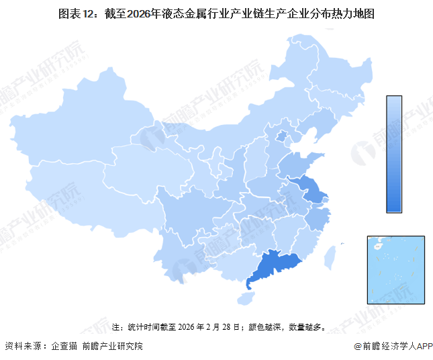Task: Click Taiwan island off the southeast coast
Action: [x=330, y=257]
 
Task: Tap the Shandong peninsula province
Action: [x=295, y=165]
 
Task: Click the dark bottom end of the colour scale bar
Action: [x=394, y=205]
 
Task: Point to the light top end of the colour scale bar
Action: [x=394, y=102]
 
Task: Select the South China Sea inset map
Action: [x=395, y=269]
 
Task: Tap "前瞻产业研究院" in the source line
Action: [x=112, y=346]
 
